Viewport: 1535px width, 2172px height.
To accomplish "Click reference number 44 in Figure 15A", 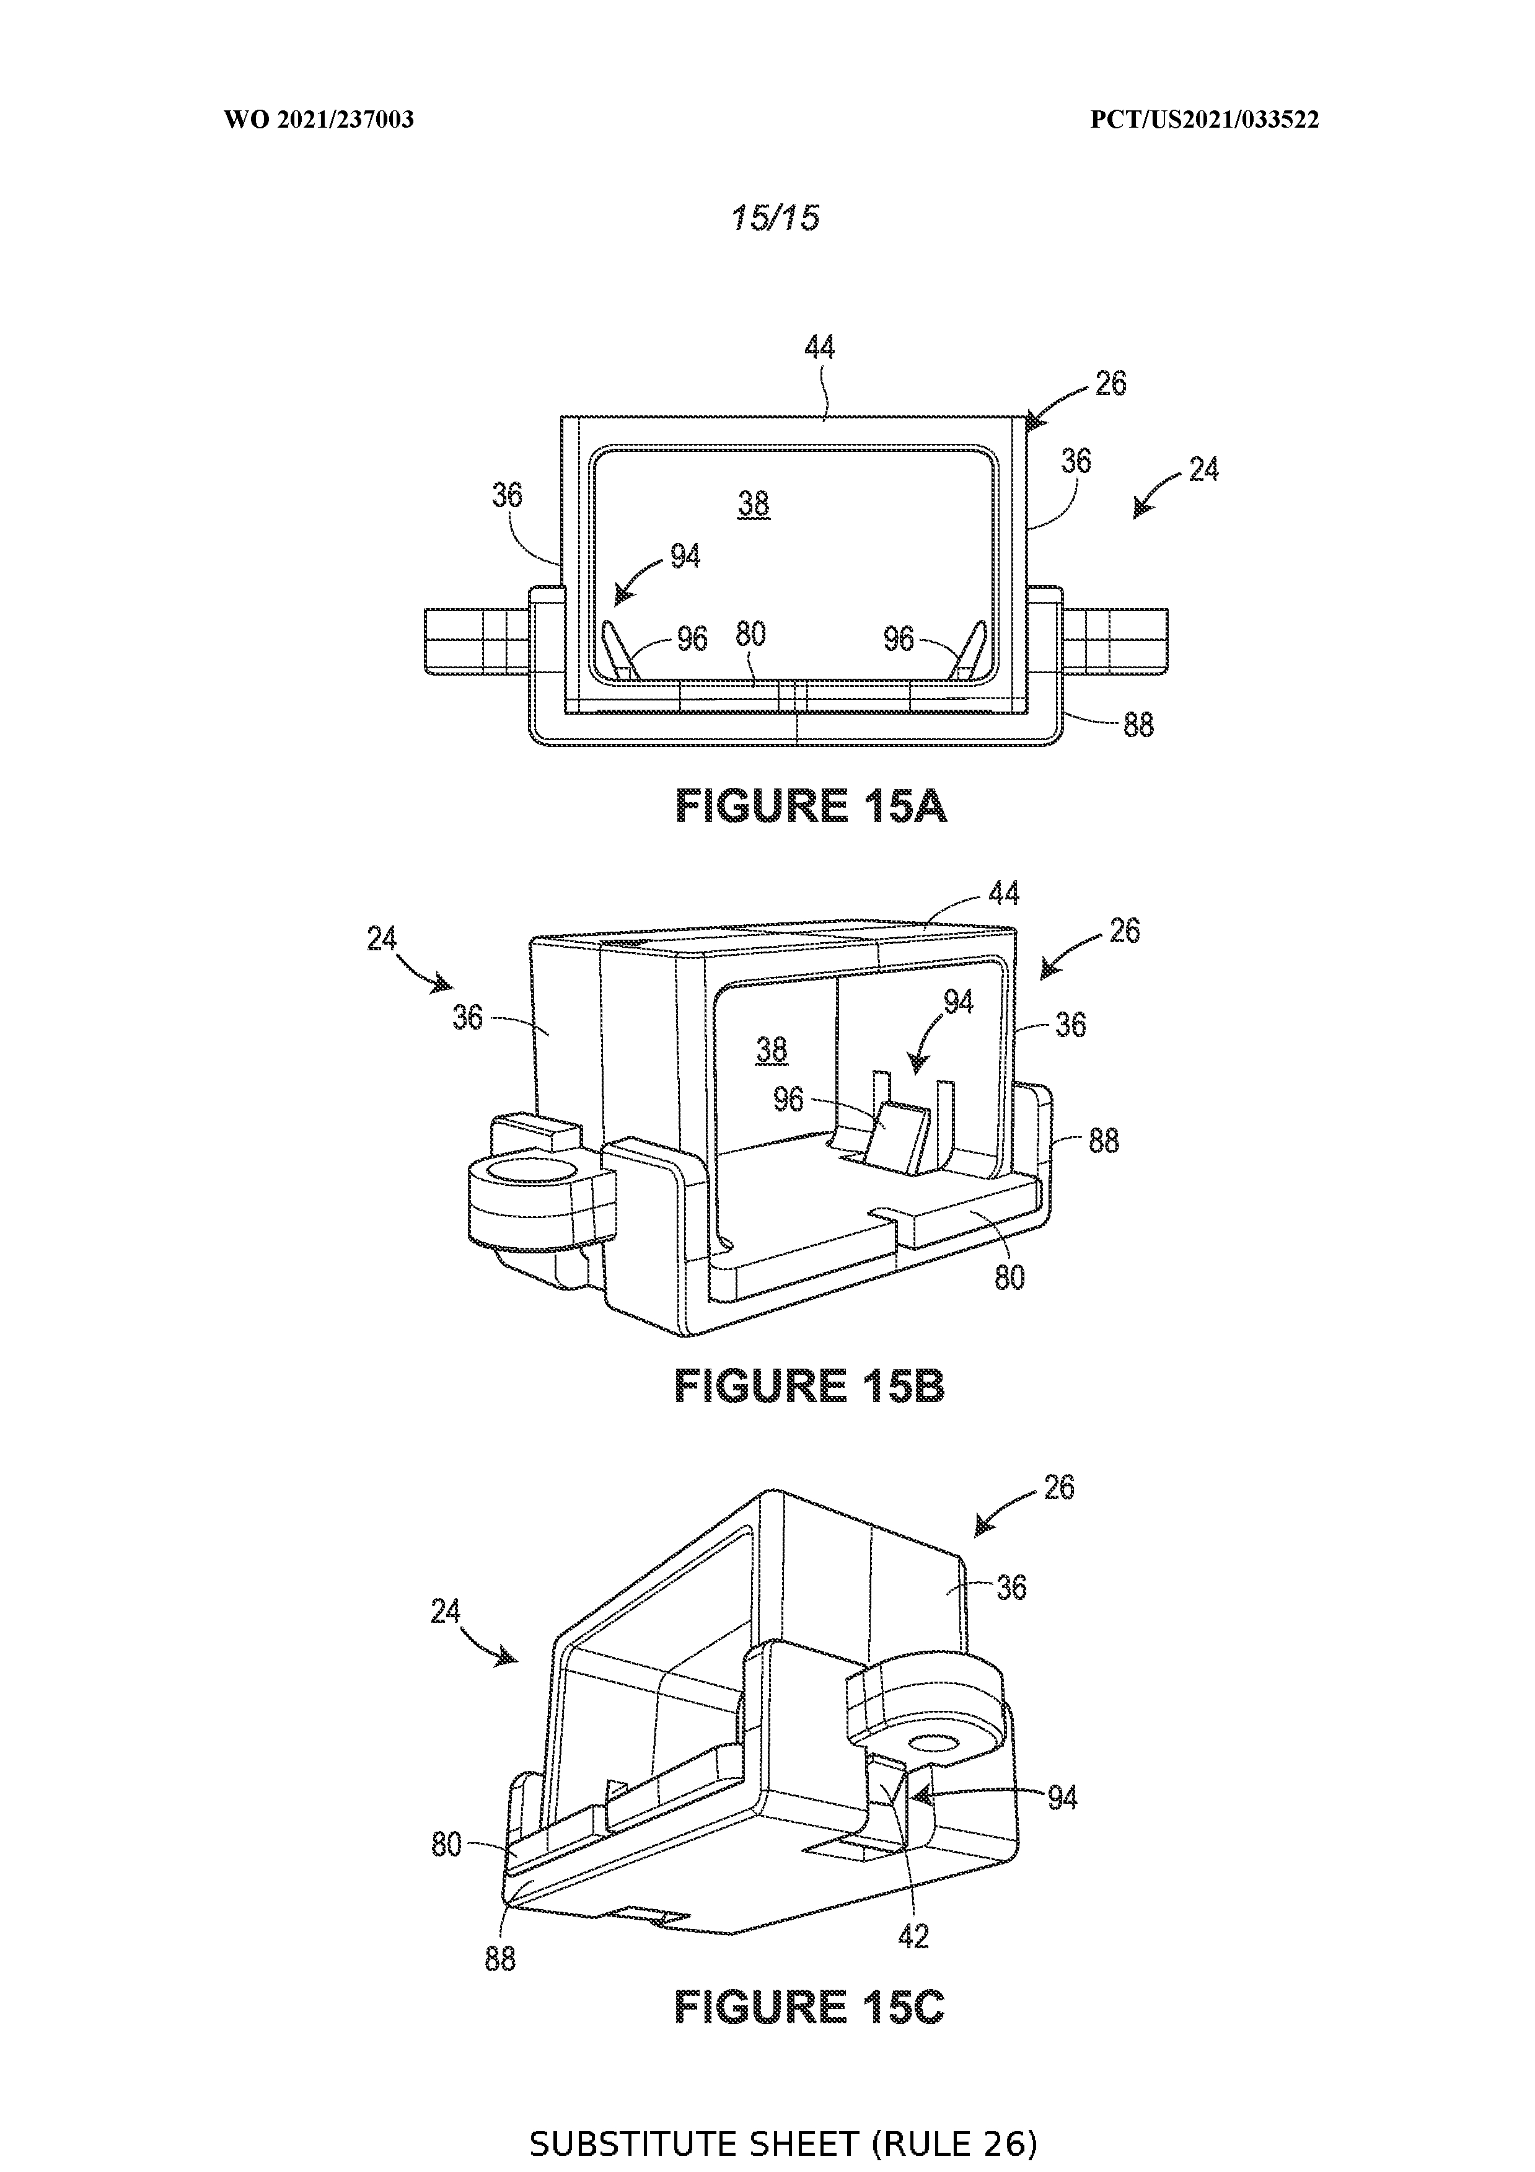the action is pos(819,348).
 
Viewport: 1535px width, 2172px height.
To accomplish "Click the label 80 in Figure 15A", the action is pos(750,634).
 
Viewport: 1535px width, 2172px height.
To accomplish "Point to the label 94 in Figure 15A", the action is pos(685,555).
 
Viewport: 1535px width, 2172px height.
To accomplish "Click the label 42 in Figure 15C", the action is pos(913,1936).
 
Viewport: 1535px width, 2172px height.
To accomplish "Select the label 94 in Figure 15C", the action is pos(1062,1798).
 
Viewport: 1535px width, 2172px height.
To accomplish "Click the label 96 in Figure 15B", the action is pos(789,1099).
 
